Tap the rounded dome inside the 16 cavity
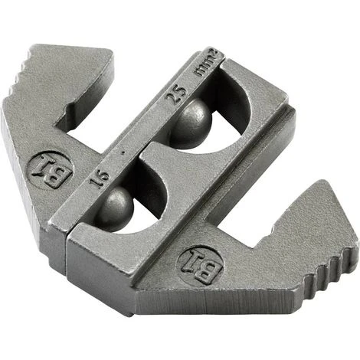[116, 206]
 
